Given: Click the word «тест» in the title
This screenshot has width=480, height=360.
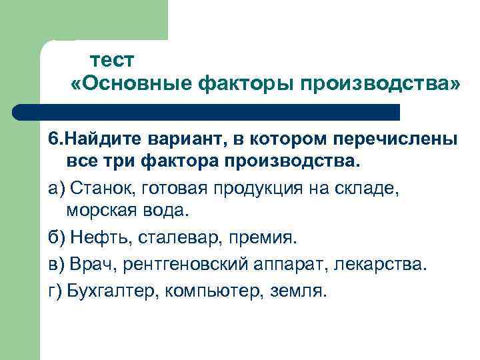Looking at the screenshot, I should (112, 60).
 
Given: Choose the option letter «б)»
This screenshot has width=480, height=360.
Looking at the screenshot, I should (56, 238).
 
